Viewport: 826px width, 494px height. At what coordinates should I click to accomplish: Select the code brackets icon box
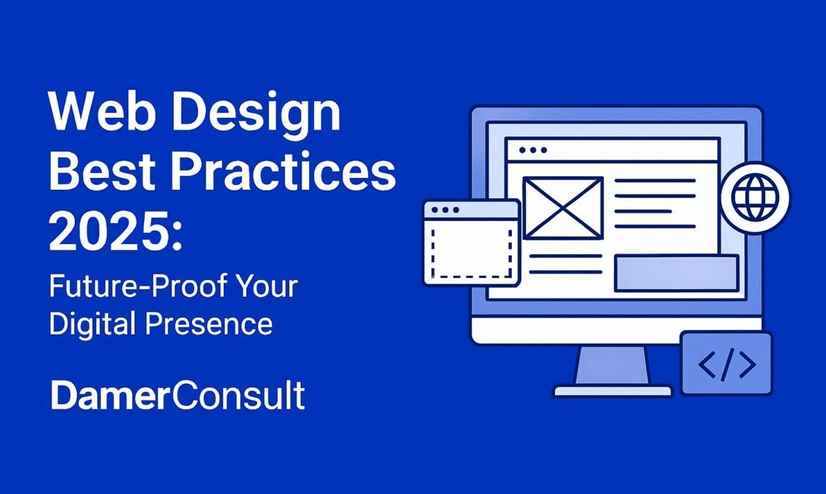[x=726, y=364]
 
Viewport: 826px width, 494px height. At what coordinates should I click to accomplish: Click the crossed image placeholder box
[x=563, y=207]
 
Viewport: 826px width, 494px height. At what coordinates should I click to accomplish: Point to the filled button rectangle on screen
[x=676, y=273]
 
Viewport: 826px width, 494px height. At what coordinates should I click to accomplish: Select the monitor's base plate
[x=612, y=390]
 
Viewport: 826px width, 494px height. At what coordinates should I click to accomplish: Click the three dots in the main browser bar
[x=532, y=150]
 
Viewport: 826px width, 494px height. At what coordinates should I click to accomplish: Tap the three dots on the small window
[x=445, y=210]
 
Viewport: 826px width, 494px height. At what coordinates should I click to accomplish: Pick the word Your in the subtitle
[x=268, y=288]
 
